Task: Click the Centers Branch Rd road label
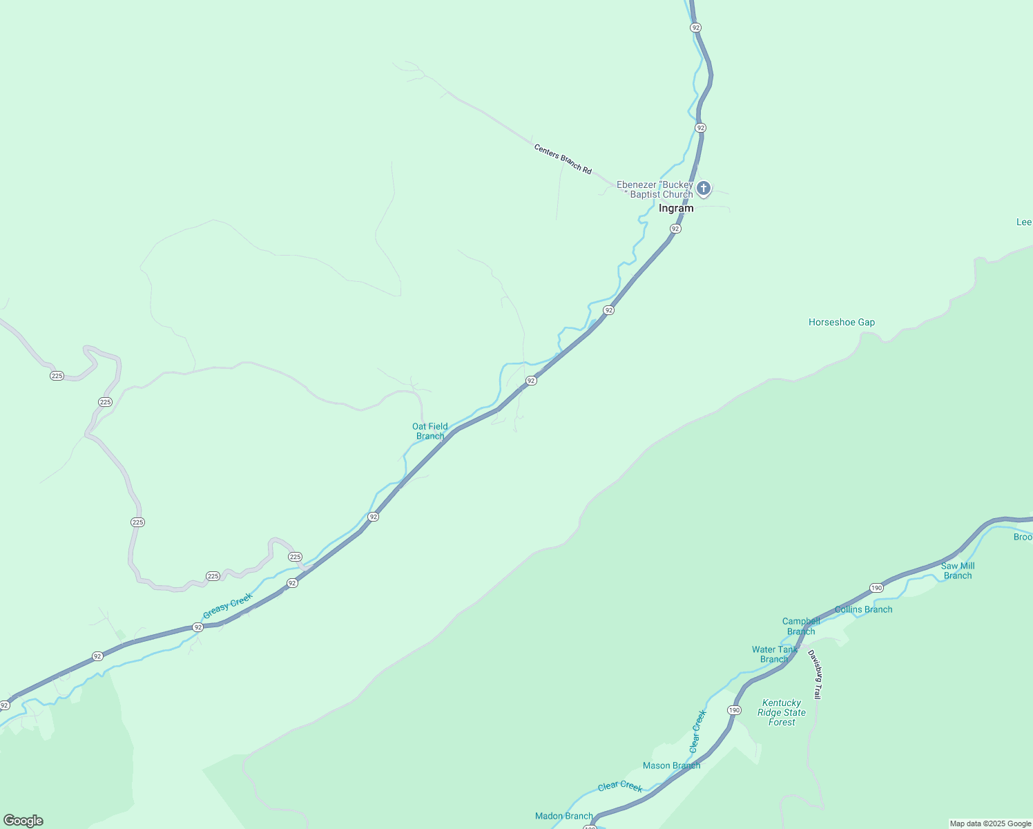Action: [x=563, y=159]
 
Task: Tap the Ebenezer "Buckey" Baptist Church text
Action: [x=655, y=189]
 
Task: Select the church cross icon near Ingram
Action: [x=703, y=188]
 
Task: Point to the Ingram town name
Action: [x=676, y=208]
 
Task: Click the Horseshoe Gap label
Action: [x=842, y=322]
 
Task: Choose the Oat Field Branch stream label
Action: [x=430, y=431]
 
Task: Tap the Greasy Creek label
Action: [x=228, y=606]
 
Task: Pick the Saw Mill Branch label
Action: [x=958, y=571]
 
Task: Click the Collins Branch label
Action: [x=863, y=609]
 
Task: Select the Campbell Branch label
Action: [x=801, y=626]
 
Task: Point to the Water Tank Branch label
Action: [x=774, y=654]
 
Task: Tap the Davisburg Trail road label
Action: [x=815, y=674]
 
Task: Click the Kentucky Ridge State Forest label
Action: [x=782, y=712]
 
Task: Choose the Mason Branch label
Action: [x=671, y=765]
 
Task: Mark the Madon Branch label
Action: [x=564, y=816]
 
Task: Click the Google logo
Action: [x=23, y=821]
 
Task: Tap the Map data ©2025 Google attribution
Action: [x=990, y=823]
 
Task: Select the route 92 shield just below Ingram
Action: [x=675, y=229]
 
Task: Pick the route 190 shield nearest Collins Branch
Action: [x=876, y=588]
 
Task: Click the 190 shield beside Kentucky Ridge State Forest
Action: [x=733, y=710]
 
